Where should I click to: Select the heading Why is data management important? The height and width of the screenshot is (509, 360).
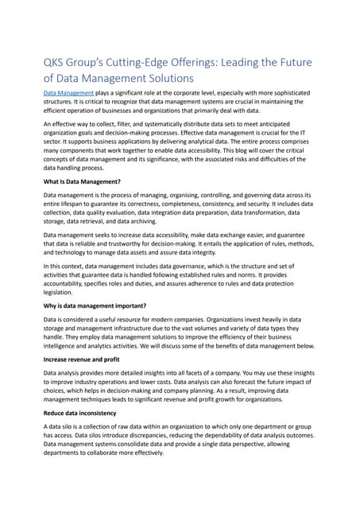[x=95, y=305]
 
